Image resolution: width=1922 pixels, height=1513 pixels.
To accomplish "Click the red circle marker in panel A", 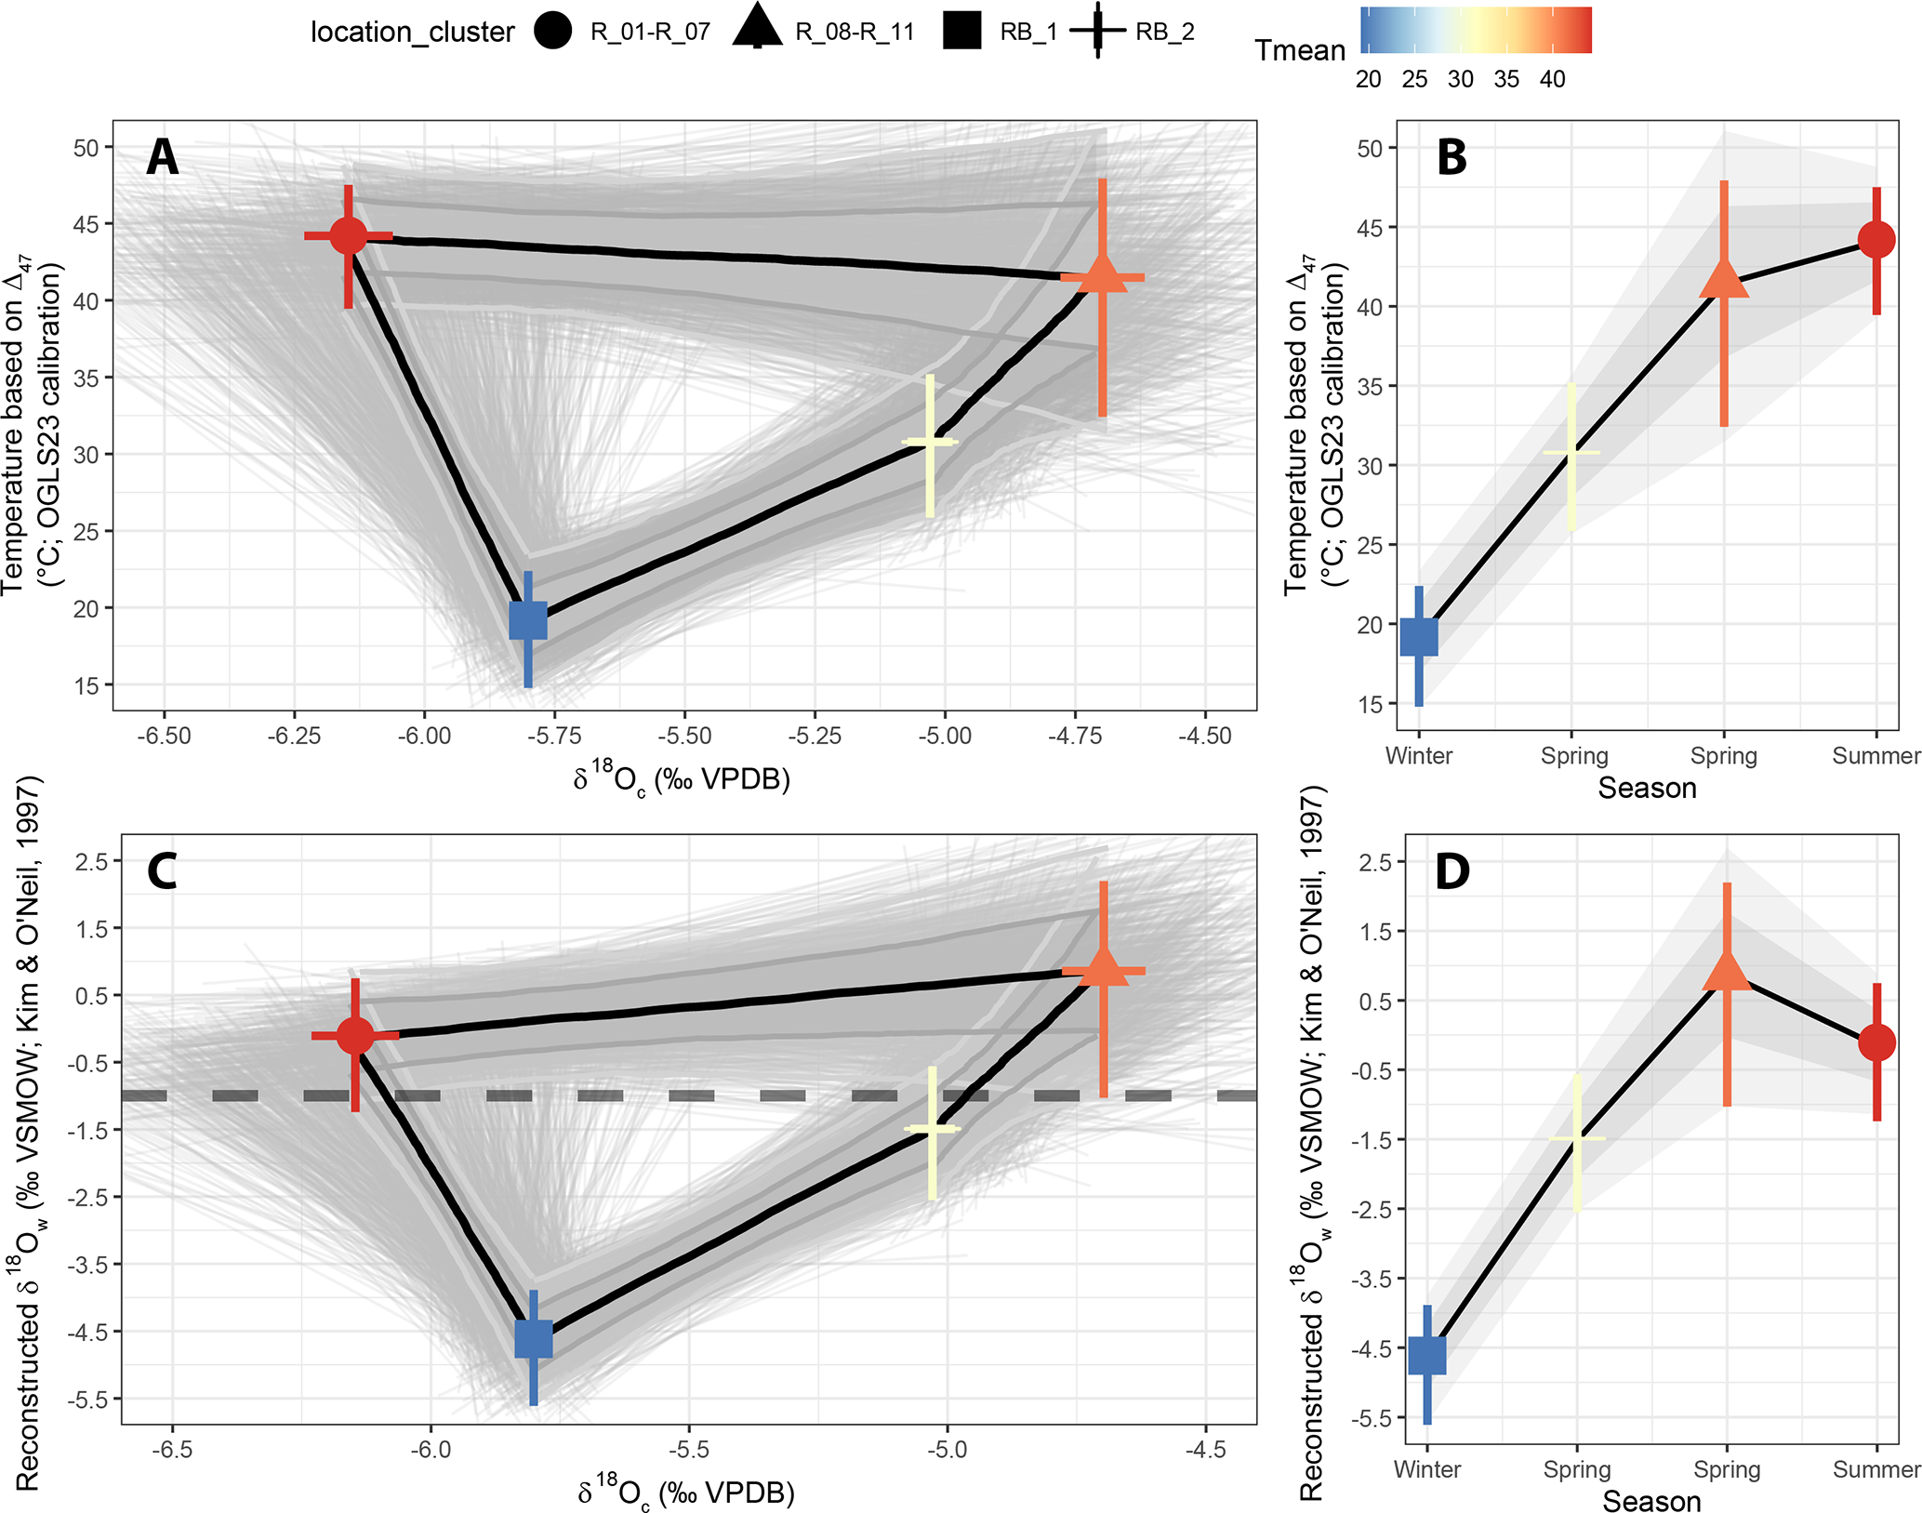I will coord(349,236).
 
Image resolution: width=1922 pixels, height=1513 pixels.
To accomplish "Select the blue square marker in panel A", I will coord(528,620).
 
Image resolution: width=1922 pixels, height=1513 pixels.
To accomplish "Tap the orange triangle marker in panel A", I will coord(1102,276).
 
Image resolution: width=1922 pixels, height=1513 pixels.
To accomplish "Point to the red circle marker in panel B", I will coord(1876,240).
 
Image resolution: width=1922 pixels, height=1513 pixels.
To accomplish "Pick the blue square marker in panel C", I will coord(534,1339).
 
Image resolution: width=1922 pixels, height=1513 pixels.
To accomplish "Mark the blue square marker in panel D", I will coord(1427,1355).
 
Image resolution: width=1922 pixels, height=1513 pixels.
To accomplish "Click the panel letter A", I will coord(163,157).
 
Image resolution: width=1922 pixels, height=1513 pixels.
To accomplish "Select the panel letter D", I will coord(1451,871).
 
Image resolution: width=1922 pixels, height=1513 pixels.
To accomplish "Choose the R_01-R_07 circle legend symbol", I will coord(553,32).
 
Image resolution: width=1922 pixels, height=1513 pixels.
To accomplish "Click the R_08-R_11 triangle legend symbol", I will coord(757,28).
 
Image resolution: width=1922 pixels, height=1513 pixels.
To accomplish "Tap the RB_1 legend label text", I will coord(1028,33).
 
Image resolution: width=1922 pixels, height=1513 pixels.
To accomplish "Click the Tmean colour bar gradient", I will coord(1476,30).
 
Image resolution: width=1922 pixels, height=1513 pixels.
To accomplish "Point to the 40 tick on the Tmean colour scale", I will coord(1552,79).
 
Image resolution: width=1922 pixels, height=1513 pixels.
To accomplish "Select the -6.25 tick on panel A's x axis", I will coord(294,736).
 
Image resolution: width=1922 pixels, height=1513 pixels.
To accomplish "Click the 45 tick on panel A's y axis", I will coord(86,224).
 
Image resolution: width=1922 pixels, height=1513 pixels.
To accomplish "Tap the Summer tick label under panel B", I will coord(1876,756).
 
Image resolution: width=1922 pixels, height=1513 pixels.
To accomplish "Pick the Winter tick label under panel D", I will coord(1426,1470).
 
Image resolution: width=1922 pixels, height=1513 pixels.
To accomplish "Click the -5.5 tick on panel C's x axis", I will coord(689,1450).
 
